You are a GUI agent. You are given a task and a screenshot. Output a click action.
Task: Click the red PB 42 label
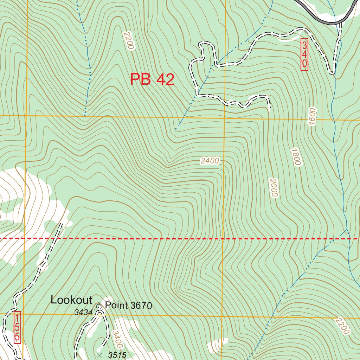[x=152, y=79]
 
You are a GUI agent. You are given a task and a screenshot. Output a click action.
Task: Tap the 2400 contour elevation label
[x=210, y=161]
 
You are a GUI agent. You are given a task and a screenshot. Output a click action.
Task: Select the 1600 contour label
[x=313, y=117]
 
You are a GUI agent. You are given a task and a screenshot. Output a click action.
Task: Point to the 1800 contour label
[x=296, y=157]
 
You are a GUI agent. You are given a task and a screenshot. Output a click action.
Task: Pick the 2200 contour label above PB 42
[x=129, y=40]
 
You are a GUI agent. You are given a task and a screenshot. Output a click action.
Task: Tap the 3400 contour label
[x=117, y=339]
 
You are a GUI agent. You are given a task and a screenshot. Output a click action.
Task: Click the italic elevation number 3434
[x=83, y=312]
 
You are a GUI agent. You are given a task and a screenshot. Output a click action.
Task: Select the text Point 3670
[x=129, y=306]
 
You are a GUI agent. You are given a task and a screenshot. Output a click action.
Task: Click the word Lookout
[x=71, y=300]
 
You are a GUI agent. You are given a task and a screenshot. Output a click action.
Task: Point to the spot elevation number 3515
[x=117, y=355]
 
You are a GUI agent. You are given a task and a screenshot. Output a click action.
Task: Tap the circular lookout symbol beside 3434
[x=99, y=307]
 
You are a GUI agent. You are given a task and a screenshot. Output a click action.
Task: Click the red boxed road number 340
[x=304, y=54]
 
